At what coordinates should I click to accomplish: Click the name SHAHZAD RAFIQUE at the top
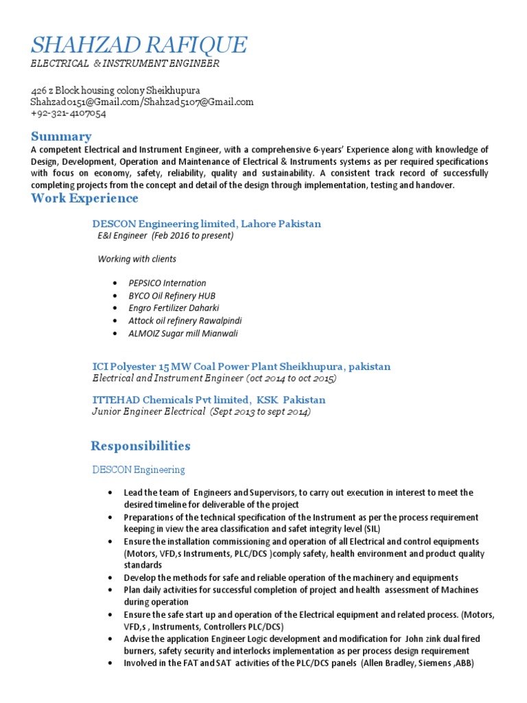139,45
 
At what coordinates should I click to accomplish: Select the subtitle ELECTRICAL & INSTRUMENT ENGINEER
125,64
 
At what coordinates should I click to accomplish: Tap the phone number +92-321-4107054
68,113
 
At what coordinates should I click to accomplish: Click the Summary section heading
61,136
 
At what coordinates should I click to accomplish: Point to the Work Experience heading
84,198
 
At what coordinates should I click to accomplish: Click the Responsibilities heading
141,446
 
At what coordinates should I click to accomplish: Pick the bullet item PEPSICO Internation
167,283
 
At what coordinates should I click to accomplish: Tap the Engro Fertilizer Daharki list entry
174,308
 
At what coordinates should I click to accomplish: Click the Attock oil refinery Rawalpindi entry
185,321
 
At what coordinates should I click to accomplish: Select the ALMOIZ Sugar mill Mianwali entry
183,333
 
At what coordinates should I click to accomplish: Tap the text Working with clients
137,259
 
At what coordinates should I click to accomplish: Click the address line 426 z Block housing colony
115,91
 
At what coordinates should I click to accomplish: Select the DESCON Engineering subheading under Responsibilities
139,470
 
